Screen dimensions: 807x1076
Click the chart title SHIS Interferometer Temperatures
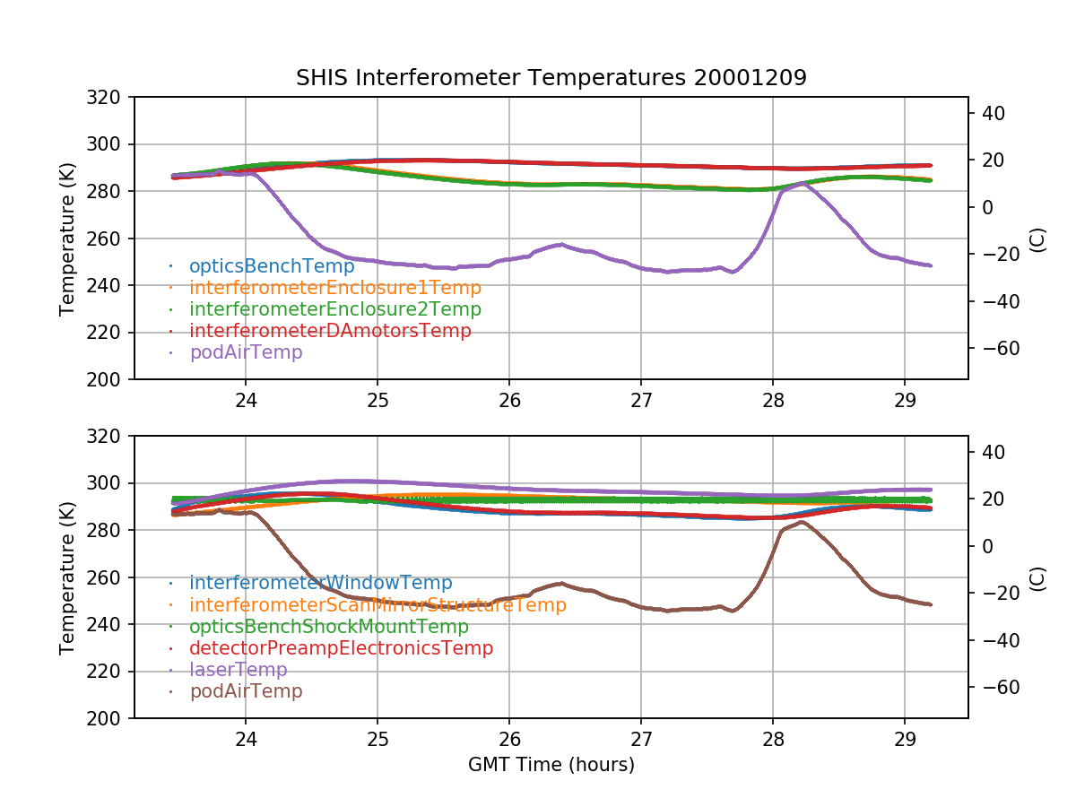tap(551, 78)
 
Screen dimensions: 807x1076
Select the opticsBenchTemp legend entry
tap(272, 266)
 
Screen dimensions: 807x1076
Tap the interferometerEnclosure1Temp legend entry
tap(334, 288)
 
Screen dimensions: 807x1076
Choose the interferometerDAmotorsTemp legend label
tap(330, 331)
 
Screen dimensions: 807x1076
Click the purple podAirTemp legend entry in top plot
tap(246, 352)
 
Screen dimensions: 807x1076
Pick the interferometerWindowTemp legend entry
tap(320, 584)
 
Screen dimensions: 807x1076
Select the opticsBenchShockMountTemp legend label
tap(328, 627)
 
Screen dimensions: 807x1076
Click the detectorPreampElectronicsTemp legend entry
tap(341, 648)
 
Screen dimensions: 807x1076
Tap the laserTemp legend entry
tap(238, 670)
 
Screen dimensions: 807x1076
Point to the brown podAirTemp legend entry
tap(246, 691)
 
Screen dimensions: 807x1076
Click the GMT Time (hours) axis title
tap(551, 765)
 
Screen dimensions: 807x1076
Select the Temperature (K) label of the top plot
tap(67, 239)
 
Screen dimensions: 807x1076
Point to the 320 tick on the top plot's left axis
tap(109, 97)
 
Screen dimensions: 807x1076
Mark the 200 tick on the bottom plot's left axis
tap(109, 718)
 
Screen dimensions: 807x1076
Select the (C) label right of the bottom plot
tap(1037, 577)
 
